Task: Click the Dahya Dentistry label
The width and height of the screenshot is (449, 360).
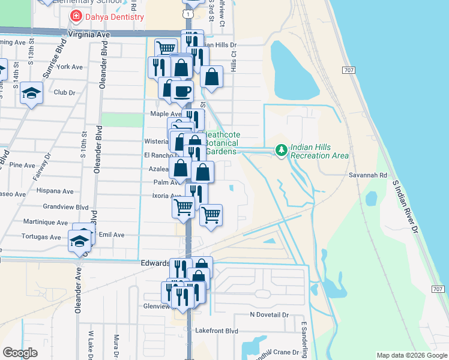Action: (114, 17)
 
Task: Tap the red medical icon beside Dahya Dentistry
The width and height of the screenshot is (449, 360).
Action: (76, 16)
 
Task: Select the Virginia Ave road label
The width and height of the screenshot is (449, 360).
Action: (89, 35)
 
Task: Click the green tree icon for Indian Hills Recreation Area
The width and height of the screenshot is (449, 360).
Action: (280, 149)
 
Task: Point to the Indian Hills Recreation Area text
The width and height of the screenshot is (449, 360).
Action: (319, 151)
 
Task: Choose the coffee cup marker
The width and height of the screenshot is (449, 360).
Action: (182, 91)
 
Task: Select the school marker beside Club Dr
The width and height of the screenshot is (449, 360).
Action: (31, 93)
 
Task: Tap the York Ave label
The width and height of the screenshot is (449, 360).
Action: (69, 67)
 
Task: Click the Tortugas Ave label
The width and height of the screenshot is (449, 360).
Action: (42, 237)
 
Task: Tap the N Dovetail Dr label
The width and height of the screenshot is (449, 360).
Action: (270, 314)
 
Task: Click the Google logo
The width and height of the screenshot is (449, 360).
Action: (20, 352)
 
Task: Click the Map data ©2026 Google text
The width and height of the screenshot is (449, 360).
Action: (411, 355)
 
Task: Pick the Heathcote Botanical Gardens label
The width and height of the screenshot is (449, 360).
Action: (221, 143)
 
